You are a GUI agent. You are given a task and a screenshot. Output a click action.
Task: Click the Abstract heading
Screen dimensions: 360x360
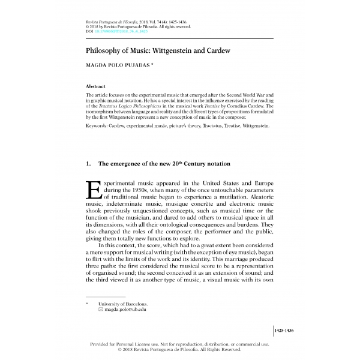coord(95,86)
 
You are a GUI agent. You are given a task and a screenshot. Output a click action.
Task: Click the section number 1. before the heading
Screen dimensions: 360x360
coord(89,164)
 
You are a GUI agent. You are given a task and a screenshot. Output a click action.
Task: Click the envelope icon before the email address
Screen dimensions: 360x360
coord(101,310)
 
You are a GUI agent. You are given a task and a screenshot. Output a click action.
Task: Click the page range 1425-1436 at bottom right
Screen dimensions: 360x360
coord(286,331)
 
